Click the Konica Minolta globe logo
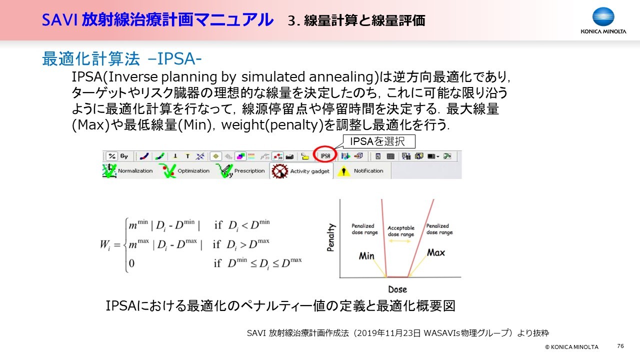pos(603,17)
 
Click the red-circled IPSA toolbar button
pos(325,156)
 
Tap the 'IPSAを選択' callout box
pos(379,141)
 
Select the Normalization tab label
pos(135,171)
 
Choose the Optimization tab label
pos(193,171)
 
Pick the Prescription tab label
pos(249,171)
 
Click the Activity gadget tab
pos(301,171)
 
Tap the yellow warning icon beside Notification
pos(343,171)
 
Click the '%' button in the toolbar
pos(111,156)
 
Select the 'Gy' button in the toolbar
pos(124,156)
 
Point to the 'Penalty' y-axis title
pos(330,237)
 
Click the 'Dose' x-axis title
pos(397,289)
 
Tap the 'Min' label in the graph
pos(366,255)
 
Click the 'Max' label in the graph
pos(436,252)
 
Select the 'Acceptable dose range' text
pos(401,231)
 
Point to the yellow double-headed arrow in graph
pos(399,241)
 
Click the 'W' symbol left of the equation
pos(104,245)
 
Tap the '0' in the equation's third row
pos(131,263)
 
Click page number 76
pos(620,346)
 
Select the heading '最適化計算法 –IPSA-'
pos(122,59)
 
